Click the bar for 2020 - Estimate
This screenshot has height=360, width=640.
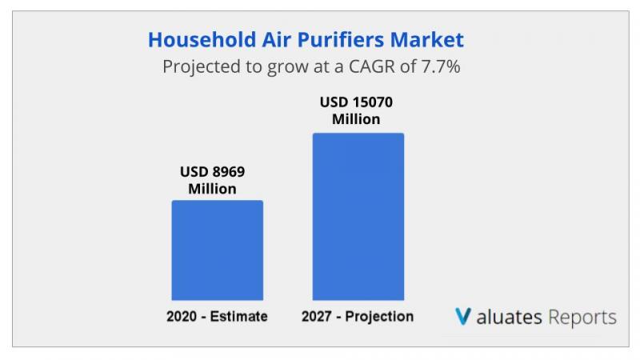click(x=217, y=250)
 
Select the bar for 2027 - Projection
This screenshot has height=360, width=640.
click(x=358, y=217)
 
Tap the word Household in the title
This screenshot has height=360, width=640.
click(x=202, y=40)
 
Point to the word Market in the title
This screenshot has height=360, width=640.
click(x=427, y=40)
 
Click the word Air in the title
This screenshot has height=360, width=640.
click(x=276, y=40)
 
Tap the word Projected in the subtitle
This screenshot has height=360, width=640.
click(x=202, y=67)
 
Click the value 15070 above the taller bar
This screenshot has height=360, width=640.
click(x=372, y=102)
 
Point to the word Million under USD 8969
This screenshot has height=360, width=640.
click(x=212, y=189)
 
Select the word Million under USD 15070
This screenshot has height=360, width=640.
click(x=356, y=119)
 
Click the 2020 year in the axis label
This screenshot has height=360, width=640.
click(x=182, y=316)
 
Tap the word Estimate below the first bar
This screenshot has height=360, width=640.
click(x=238, y=316)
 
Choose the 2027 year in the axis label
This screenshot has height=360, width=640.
click(x=316, y=316)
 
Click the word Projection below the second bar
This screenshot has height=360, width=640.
click(x=379, y=317)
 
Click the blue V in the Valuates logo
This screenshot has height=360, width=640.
click(x=463, y=316)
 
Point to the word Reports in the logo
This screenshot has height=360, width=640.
click(x=582, y=318)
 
